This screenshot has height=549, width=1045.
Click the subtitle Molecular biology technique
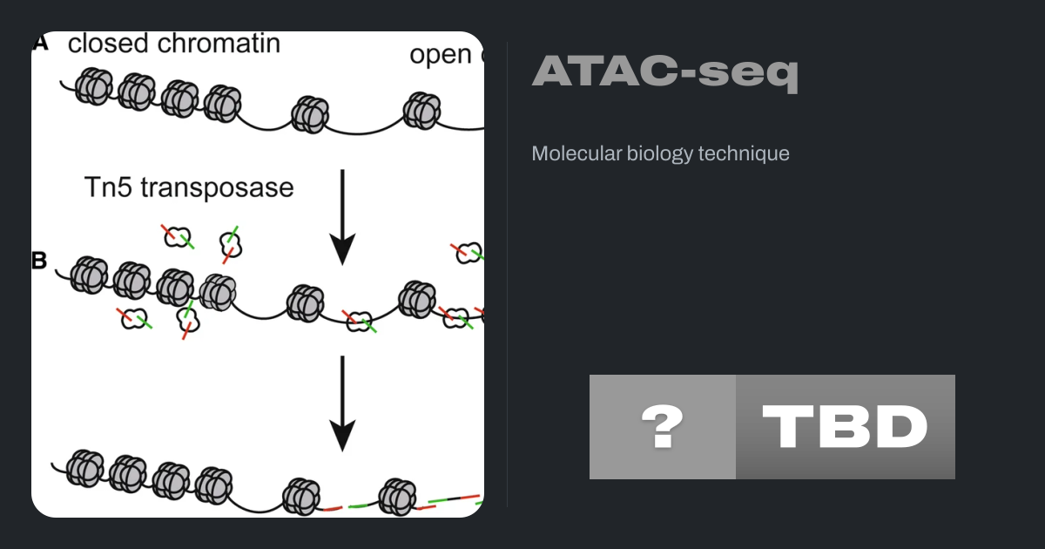[660, 153]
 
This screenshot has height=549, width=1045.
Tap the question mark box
[662, 427]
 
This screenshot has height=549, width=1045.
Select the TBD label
[845, 427]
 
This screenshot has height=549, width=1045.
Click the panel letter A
[40, 43]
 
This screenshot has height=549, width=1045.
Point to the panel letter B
[40, 261]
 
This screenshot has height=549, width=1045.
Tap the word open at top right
[440, 54]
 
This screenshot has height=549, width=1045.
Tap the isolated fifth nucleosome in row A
[307, 113]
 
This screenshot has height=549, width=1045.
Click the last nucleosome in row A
[422, 109]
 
